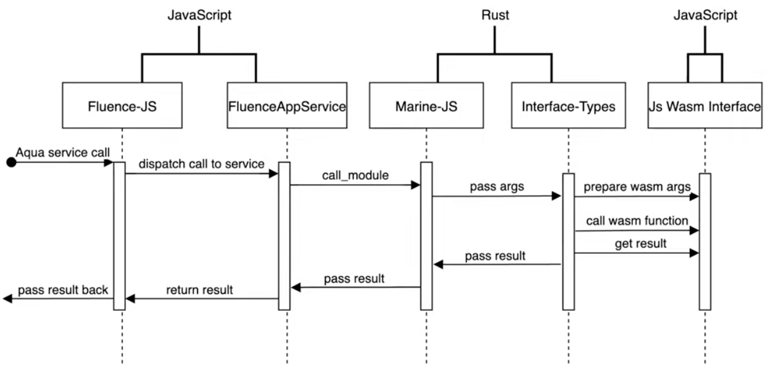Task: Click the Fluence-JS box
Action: [122, 106]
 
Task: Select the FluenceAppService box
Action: [287, 106]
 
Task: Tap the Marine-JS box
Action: [426, 106]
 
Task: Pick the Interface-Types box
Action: [568, 106]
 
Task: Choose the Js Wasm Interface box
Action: [704, 106]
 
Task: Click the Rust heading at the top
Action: [495, 16]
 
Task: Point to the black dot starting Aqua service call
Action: [10, 163]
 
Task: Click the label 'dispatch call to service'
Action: [202, 164]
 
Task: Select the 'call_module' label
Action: [355, 175]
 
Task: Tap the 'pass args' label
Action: [497, 187]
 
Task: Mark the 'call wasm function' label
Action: [637, 220]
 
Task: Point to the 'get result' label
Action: [640, 243]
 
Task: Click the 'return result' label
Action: [200, 291]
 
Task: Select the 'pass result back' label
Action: [63, 291]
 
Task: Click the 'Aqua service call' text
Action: [63, 153]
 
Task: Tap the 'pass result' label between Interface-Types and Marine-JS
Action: [495, 256]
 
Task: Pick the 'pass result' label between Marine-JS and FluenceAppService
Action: [354, 279]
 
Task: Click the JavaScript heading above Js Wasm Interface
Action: [705, 16]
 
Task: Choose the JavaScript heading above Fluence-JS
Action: [199, 16]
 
